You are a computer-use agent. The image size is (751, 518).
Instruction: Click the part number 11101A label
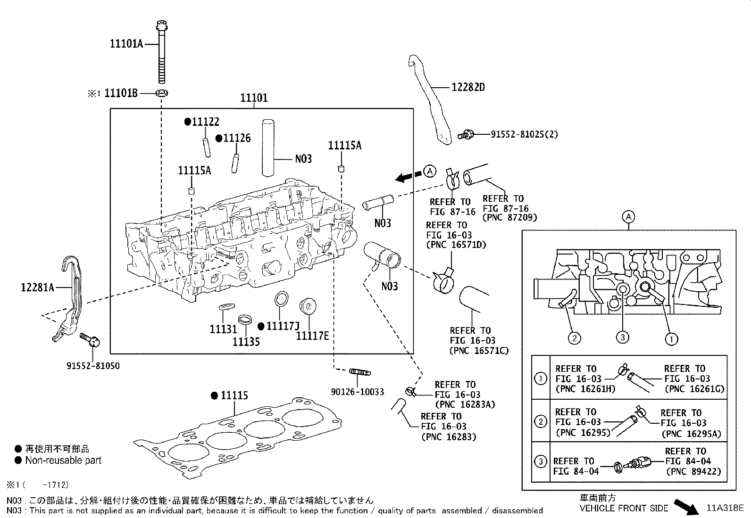pyautogui.click(x=126, y=44)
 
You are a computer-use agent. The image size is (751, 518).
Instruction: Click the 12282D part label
pyautogui.click(x=468, y=87)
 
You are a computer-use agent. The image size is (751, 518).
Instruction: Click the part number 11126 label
pyautogui.click(x=237, y=138)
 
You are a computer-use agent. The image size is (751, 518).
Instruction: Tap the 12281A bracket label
pyautogui.click(x=37, y=287)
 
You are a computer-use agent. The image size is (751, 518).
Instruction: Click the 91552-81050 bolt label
pyautogui.click(x=92, y=366)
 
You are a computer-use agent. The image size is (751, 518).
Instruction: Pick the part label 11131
pyautogui.click(x=224, y=329)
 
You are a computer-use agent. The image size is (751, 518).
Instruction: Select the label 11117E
pyautogui.click(x=312, y=336)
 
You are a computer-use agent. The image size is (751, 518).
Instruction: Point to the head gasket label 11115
pyautogui.click(x=234, y=395)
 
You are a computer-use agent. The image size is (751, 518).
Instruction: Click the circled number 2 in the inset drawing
pyautogui.click(x=574, y=337)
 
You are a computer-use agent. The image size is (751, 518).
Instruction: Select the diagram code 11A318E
pyautogui.click(x=725, y=508)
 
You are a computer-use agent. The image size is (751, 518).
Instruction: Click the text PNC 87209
pyautogui.click(x=510, y=218)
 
